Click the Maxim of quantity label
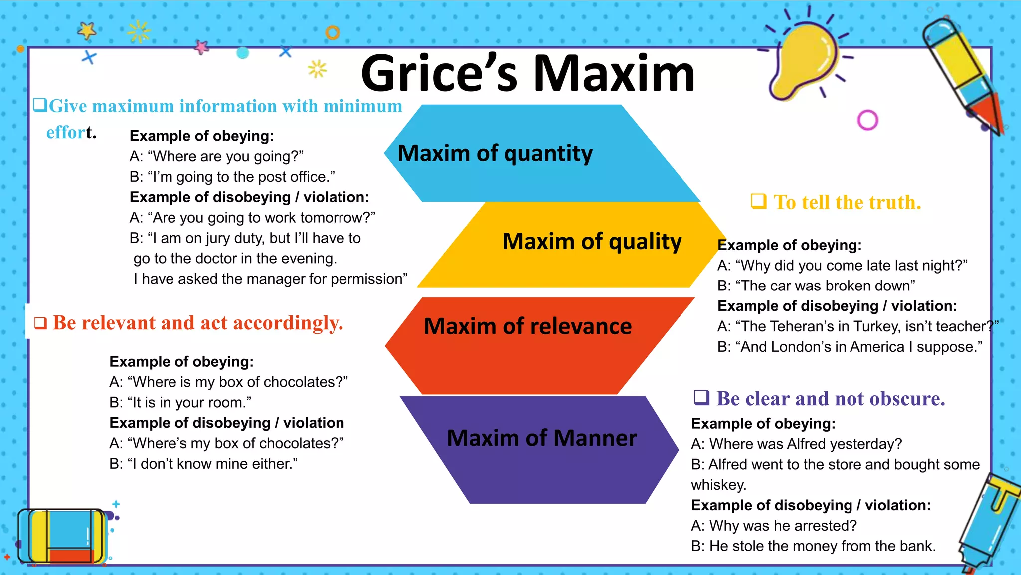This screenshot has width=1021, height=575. coord(495,153)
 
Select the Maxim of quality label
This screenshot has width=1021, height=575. coord(591,241)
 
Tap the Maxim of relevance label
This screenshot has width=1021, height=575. coord(527,326)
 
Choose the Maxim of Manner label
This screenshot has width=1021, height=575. coord(541,438)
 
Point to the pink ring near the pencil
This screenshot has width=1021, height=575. coord(867,120)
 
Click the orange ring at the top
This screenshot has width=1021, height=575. coord(333,33)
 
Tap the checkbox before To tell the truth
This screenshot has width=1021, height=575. coord(758,201)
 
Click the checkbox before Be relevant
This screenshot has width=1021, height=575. coord(40,323)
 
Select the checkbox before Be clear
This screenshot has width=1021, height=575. coord(701,397)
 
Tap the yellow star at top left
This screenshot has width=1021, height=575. coord(87,31)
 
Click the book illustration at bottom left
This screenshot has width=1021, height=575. coord(62,536)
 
